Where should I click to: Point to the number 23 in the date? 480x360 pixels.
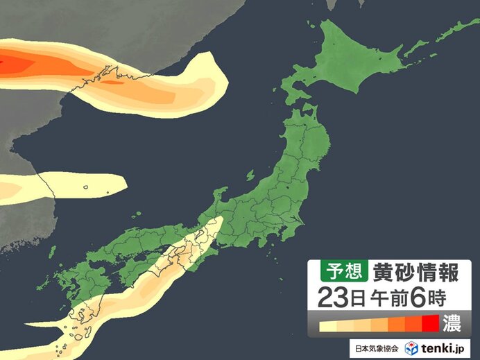coord(330,298)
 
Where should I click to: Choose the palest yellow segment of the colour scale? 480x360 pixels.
coord(326,325)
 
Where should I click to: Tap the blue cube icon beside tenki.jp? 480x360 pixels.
coord(411,348)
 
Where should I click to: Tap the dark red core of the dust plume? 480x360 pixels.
coord(17,64)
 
